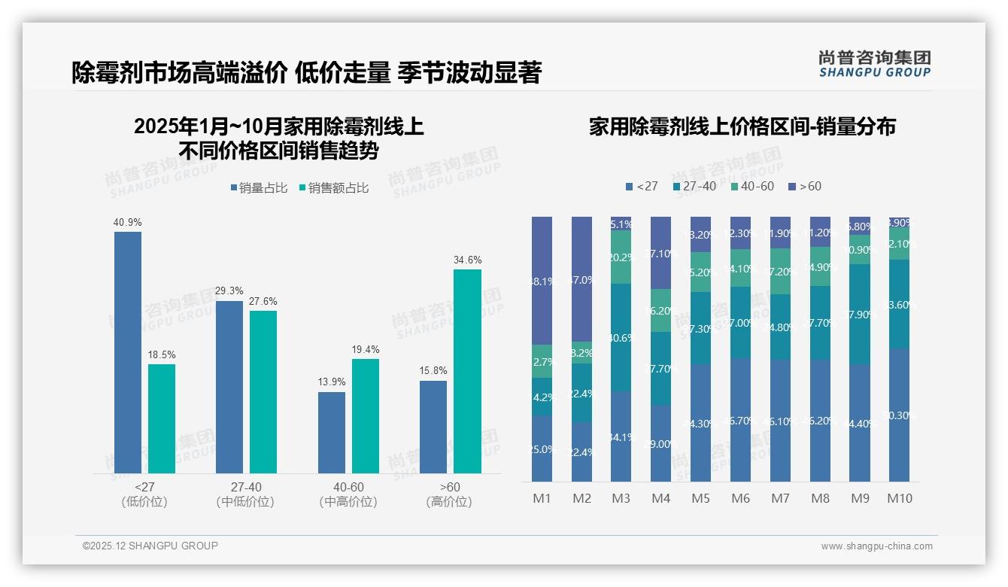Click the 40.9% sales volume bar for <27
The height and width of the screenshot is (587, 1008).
pos(128,352)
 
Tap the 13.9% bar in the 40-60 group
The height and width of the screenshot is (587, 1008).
pos(332,432)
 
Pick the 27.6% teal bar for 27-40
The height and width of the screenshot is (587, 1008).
pos(263,391)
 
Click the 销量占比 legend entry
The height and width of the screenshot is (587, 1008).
pos(259,188)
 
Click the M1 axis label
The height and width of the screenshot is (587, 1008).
pos(542,498)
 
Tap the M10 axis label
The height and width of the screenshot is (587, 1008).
pos(899,498)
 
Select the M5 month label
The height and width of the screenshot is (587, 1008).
pos(700,498)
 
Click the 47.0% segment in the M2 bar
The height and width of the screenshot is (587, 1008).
pos(581,279)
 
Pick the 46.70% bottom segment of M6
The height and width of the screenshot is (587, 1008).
pos(740,419)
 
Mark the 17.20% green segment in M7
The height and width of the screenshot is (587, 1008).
pos(780,271)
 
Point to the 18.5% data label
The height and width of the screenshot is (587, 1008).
pos(162,354)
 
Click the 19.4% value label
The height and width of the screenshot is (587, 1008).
pos(366,349)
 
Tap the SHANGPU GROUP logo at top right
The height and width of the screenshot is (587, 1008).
pos(874,64)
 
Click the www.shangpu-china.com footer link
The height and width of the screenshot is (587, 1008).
pos(876,546)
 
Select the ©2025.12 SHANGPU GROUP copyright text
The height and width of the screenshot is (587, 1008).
pos(150,546)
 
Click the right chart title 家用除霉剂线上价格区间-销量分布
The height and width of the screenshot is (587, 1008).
pos(742,127)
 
